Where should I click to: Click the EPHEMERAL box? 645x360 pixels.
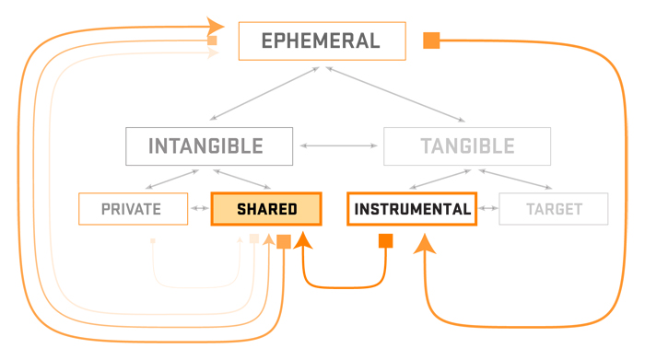(322, 41)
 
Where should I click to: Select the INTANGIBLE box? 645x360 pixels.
(209, 145)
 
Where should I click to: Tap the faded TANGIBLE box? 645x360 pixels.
(467, 145)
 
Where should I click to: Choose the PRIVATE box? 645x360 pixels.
(132, 209)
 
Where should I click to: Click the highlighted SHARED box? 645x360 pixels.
(266, 209)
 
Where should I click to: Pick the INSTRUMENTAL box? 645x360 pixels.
(412, 209)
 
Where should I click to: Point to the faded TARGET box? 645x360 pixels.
(554, 209)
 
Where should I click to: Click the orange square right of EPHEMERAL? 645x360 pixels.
(430, 41)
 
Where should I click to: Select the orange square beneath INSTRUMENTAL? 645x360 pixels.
(386, 241)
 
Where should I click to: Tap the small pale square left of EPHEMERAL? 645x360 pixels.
(212, 41)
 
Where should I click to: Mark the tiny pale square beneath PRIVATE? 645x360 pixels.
(152, 241)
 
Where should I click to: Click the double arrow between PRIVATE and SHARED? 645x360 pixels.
(199, 209)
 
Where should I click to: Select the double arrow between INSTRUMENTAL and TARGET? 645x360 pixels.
(488, 209)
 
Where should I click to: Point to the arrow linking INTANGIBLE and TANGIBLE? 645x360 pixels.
(338, 145)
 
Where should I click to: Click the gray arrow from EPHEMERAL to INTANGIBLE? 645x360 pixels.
(265, 91)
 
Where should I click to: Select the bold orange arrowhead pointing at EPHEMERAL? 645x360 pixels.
(216, 25)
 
